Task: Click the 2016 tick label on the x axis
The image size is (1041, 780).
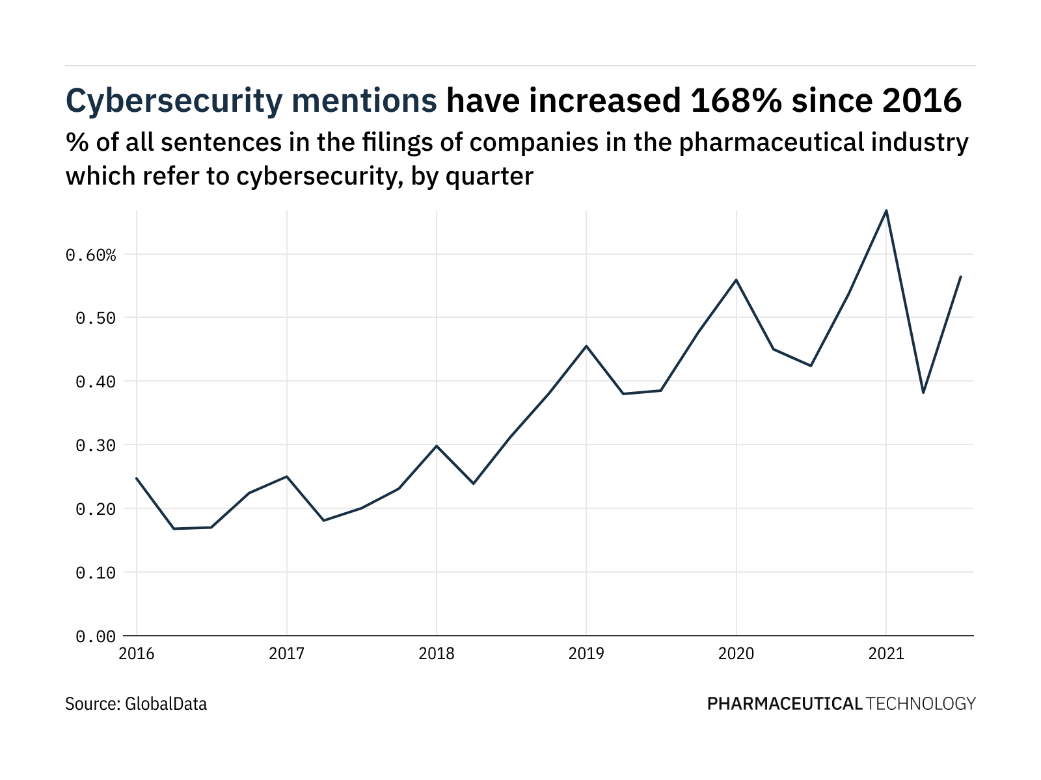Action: pos(137,653)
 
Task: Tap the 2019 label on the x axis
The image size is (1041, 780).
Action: pos(586,653)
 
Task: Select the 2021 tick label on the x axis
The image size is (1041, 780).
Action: pos(886,653)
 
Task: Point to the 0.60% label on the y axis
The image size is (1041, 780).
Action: pos(91,255)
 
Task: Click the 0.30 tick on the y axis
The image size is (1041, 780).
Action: pos(96,446)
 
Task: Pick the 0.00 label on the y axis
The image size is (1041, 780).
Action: pos(96,636)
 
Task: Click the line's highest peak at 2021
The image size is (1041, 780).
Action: pos(886,211)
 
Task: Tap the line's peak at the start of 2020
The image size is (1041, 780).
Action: pos(736,279)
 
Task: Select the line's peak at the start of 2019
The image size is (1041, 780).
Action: pos(586,346)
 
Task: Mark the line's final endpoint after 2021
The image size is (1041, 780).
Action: pos(961,276)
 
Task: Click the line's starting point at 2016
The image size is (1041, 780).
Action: pos(137,478)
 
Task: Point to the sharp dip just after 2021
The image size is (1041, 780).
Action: pos(923,393)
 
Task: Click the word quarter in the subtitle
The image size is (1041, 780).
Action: pos(489,175)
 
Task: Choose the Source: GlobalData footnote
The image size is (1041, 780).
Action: pos(136,703)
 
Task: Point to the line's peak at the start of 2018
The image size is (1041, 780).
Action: pos(437,446)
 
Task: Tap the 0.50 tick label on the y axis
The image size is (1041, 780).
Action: pos(96,318)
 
